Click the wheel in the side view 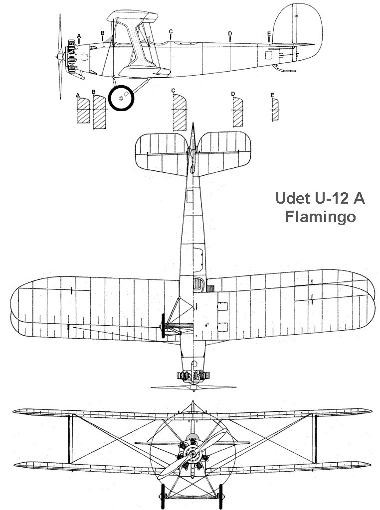(122, 98)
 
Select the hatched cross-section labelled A (82, 111)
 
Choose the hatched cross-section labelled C (179, 113)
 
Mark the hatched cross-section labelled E (274, 109)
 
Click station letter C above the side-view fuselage (171, 31)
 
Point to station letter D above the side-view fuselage (230, 33)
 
